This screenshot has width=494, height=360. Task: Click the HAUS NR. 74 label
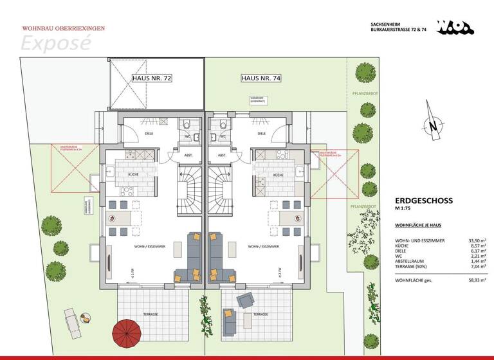(261, 78)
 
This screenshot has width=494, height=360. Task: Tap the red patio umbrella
(127, 333)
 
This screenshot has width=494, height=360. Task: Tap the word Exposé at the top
(56, 42)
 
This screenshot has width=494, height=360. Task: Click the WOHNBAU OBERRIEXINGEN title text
(63, 28)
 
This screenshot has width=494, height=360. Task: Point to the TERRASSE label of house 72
(151, 314)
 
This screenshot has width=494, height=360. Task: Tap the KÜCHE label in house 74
(279, 175)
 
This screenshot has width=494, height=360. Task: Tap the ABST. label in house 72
(187, 155)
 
